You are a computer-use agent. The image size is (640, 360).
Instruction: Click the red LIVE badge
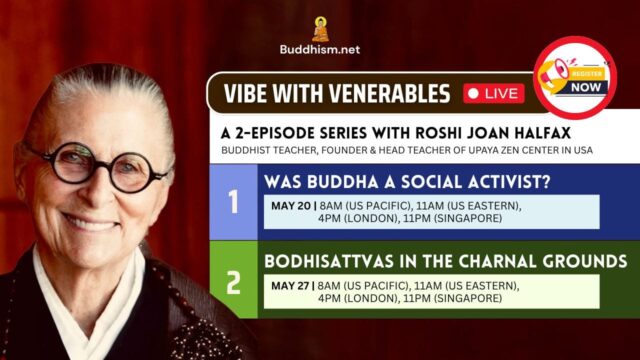point(495,94)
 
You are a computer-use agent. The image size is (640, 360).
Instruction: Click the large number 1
point(233,204)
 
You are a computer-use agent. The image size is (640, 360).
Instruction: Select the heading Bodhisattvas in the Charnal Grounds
point(445,262)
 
